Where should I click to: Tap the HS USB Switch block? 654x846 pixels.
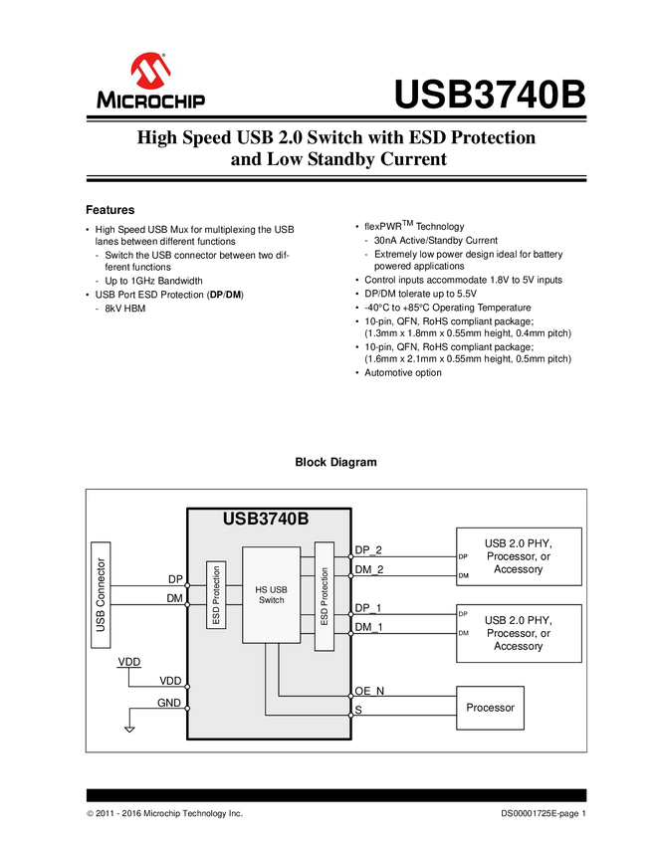point(271,593)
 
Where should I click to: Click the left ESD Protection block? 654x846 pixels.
point(216,595)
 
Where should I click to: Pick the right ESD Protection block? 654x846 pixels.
point(324,596)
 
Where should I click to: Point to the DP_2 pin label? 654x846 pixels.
point(368,549)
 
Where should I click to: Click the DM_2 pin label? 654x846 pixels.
point(368,569)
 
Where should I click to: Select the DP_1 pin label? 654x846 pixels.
point(368,607)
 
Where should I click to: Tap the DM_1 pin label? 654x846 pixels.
point(368,626)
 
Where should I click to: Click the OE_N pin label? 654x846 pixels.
point(369,690)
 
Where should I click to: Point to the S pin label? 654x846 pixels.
point(358,711)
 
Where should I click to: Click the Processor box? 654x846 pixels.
point(490,708)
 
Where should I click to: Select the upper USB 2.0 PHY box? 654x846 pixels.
point(518,555)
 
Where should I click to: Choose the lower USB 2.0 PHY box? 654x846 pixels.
point(518,633)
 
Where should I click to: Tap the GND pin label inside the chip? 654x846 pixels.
point(169,704)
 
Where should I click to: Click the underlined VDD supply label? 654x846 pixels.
point(129,661)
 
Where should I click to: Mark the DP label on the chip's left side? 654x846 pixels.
point(175,579)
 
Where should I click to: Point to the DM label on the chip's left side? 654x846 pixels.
point(175,597)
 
